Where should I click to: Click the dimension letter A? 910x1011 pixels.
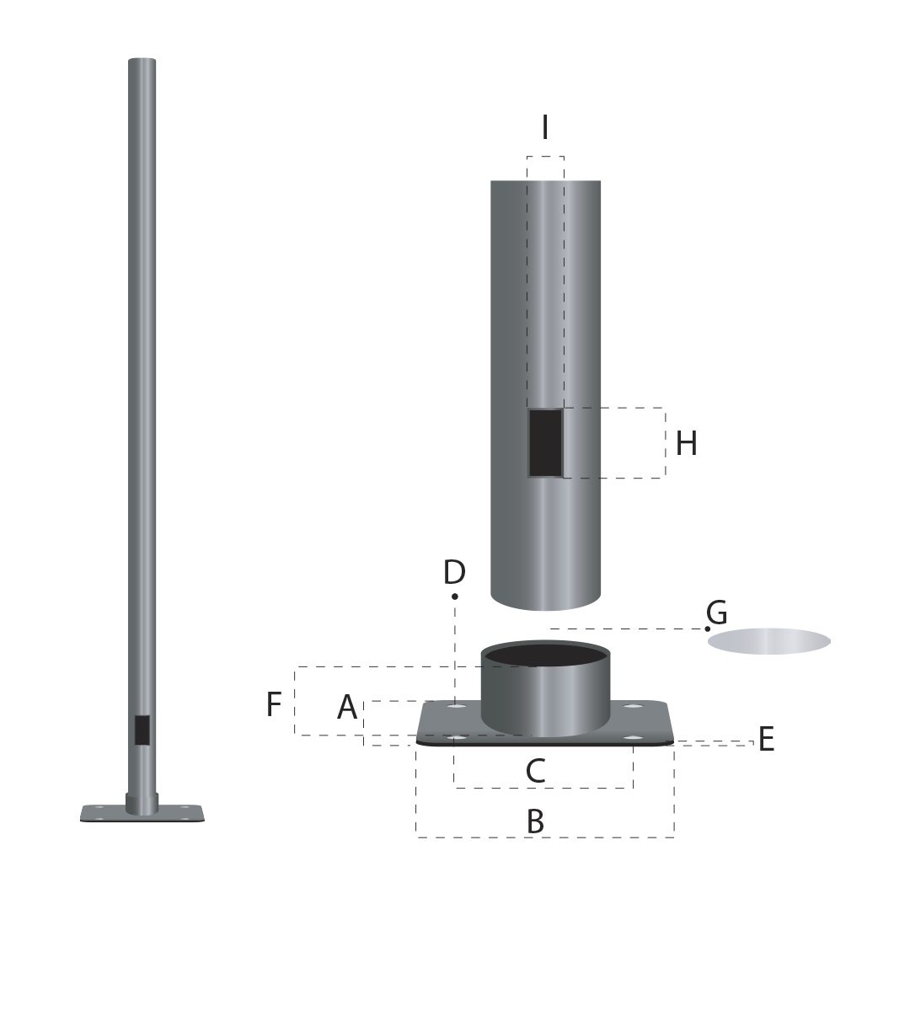347,707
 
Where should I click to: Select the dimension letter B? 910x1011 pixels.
535,821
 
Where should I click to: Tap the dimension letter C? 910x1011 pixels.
535,771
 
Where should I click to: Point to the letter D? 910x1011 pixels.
454,572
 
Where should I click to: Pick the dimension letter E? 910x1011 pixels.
766,740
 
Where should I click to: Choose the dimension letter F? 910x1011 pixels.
274,704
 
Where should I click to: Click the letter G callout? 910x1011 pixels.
716,612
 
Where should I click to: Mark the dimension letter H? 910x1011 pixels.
686,443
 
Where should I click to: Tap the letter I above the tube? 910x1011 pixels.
545,127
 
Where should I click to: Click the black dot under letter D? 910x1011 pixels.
455,596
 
